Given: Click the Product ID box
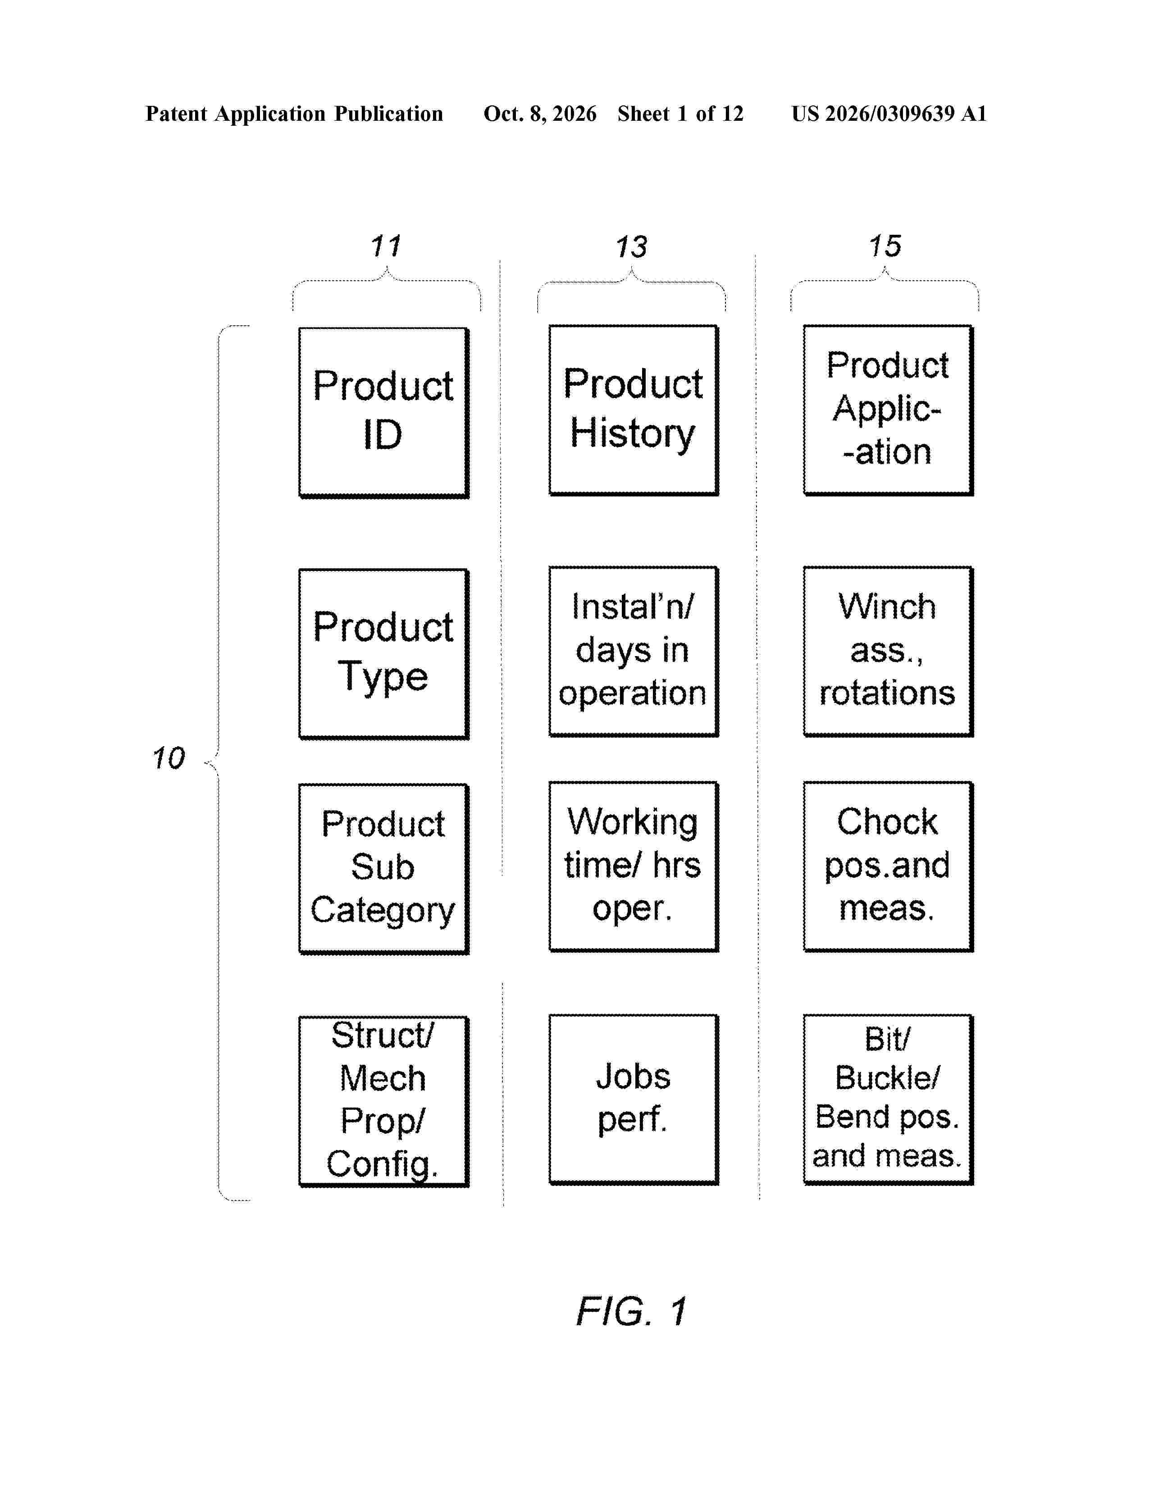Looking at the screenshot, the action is (384, 413).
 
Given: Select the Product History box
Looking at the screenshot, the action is (634, 410).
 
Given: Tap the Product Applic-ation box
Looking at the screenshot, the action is (888, 410).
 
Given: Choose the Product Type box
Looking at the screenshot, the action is (384, 654).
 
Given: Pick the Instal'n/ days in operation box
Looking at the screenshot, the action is (634, 652).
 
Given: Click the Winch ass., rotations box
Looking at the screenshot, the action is (888, 652).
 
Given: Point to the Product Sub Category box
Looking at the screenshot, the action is (384, 869).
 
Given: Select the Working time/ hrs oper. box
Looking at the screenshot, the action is (634, 866).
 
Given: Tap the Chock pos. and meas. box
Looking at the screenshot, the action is (888, 866).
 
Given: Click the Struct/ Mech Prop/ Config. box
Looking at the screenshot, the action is (384, 1102).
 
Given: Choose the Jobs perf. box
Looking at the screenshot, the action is (634, 1099).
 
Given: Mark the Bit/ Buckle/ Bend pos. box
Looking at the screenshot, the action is (888, 1099).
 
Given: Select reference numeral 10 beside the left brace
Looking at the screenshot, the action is (168, 758).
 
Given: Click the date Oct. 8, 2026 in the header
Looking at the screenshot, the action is (540, 114).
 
